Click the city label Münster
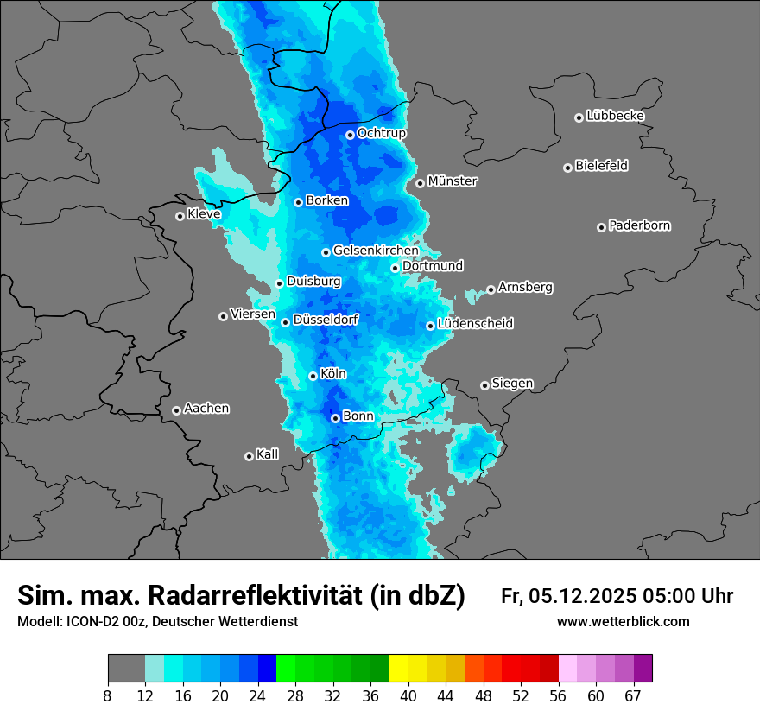click(x=453, y=181)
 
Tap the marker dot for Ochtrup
click(x=350, y=135)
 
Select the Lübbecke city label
click(x=615, y=116)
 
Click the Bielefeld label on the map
click(x=601, y=166)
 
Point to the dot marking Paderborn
click(x=601, y=227)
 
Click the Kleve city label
click(x=204, y=214)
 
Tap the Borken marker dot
click(x=298, y=202)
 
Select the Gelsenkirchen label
click(x=376, y=251)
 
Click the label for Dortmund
click(x=433, y=266)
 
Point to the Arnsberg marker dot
click(x=491, y=289)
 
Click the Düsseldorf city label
click(x=326, y=320)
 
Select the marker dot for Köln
click(x=313, y=376)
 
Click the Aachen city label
click(x=206, y=409)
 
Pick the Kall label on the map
click(x=268, y=454)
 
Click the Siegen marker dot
click(x=484, y=385)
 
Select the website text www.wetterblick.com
click(x=623, y=622)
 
